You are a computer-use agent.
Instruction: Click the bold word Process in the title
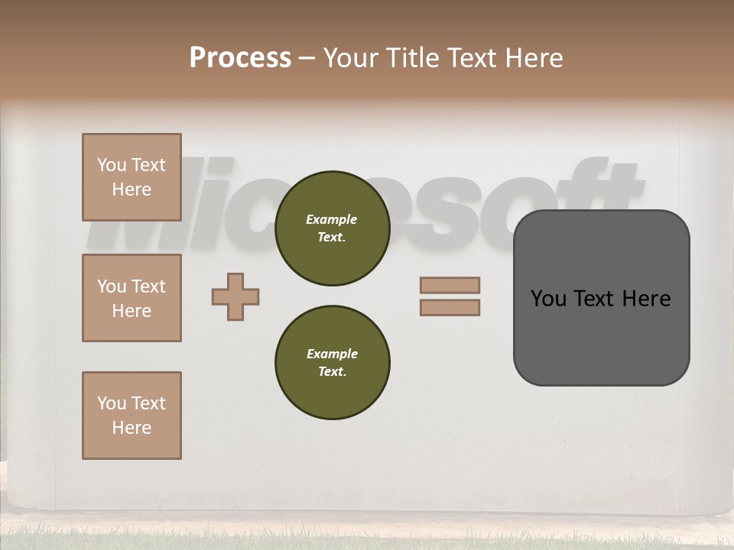pyautogui.click(x=240, y=58)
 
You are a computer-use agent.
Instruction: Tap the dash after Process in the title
pyautogui.click(x=307, y=59)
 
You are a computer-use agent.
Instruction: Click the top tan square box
pyautogui.click(x=132, y=177)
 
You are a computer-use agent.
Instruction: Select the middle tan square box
pyautogui.click(x=132, y=298)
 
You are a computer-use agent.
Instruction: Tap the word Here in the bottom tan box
pyautogui.click(x=132, y=428)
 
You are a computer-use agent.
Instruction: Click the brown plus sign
pyautogui.click(x=235, y=296)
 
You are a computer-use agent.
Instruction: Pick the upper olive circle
pyautogui.click(x=332, y=228)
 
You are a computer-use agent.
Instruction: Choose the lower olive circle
pyautogui.click(x=332, y=362)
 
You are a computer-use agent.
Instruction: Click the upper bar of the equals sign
pyautogui.click(x=450, y=285)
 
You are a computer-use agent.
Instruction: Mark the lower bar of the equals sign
pyautogui.click(x=450, y=307)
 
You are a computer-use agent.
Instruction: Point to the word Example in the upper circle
pyautogui.click(x=332, y=219)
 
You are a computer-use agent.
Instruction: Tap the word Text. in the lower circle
pyautogui.click(x=332, y=371)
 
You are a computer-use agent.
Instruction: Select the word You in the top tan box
pyautogui.click(x=112, y=165)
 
